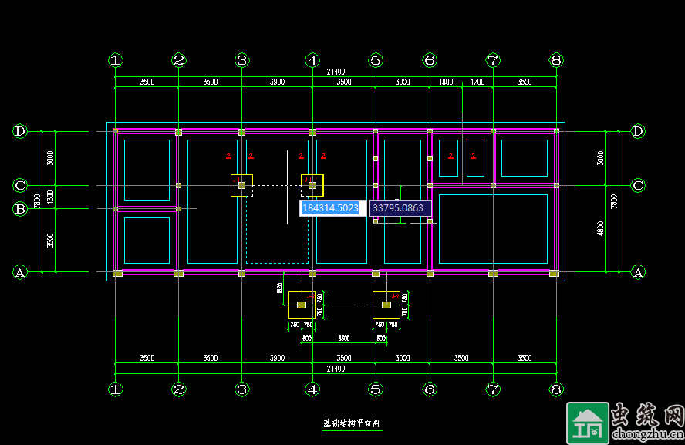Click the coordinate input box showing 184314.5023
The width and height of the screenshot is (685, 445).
332,208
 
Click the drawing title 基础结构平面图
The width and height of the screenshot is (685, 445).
352,424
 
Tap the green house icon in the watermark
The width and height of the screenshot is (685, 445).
585,423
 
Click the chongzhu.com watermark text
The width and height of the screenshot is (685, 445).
646,433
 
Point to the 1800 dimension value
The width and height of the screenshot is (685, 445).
446,82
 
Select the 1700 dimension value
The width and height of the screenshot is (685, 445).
477,82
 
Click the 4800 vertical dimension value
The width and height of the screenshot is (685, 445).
612,229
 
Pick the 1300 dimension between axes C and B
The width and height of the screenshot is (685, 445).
50,197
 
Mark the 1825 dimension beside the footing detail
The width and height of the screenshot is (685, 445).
278,288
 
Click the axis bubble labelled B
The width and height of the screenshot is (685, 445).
20,208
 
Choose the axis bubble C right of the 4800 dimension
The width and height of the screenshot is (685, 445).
638,185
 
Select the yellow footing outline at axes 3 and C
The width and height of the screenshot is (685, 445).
241,185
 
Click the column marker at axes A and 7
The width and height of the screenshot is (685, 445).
493,273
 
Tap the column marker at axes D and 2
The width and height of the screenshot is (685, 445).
178,132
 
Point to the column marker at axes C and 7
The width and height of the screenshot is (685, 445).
493,185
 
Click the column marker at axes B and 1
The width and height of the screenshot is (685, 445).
116,208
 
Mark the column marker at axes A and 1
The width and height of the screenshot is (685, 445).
117,273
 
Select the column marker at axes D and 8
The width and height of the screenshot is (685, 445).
556,132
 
